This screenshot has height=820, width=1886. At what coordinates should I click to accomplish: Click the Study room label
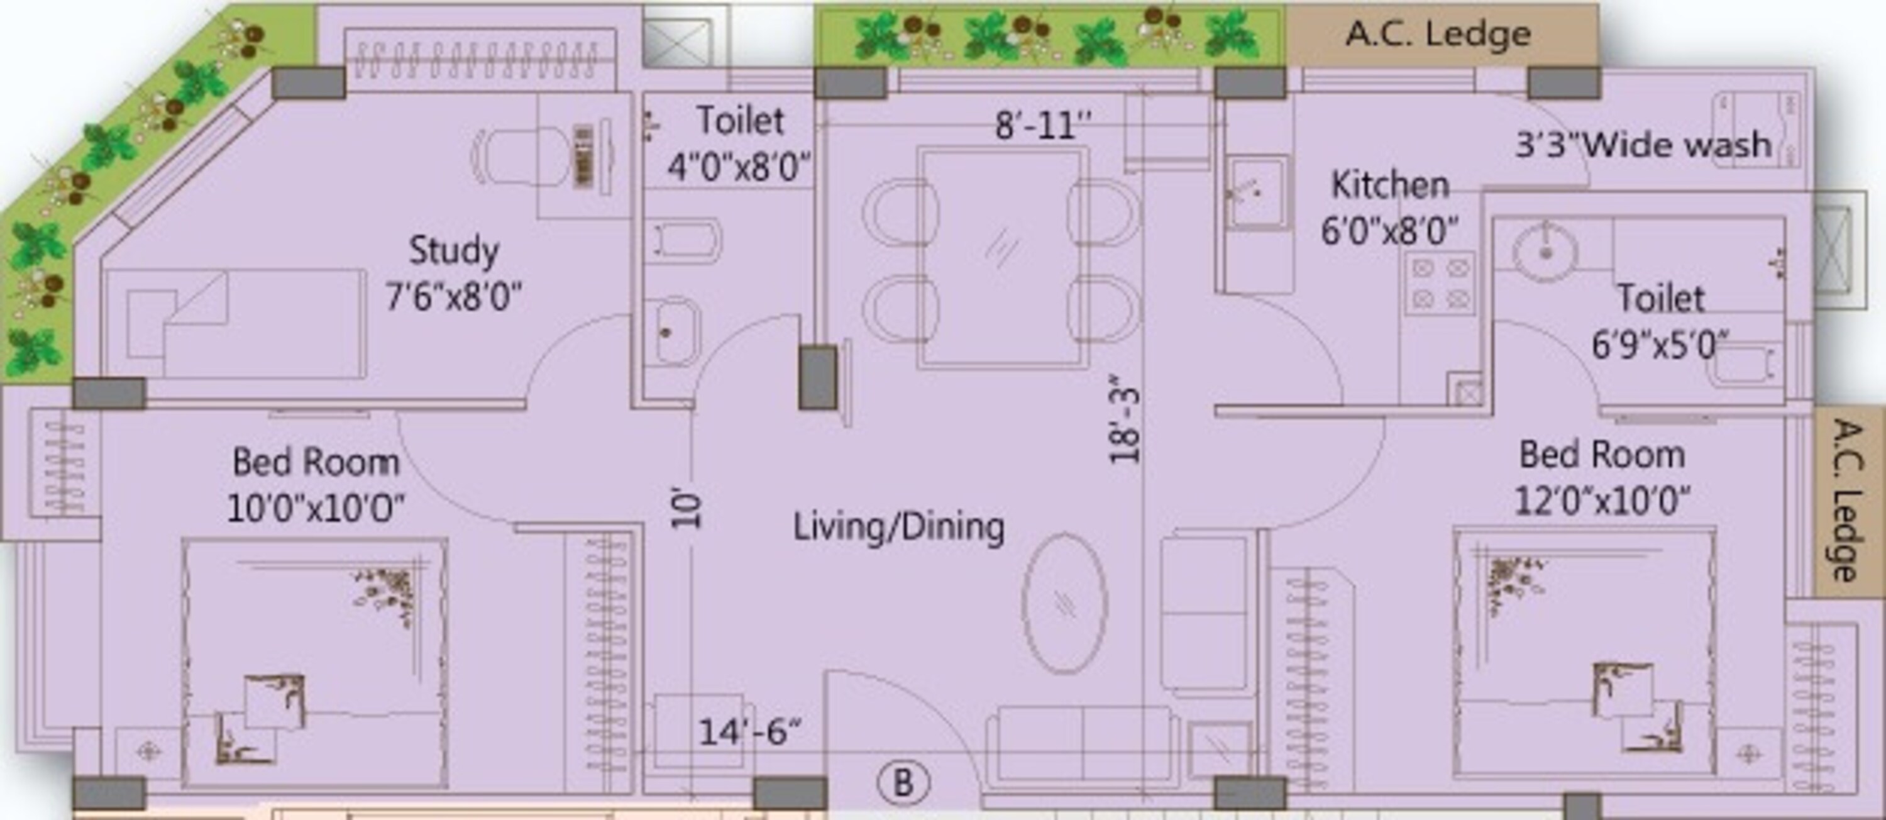click(x=454, y=251)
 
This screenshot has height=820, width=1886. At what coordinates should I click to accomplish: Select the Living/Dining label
click(x=899, y=527)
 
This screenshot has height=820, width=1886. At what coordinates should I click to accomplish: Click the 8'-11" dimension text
click(x=1044, y=126)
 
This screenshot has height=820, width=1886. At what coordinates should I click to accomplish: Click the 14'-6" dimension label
click(x=750, y=731)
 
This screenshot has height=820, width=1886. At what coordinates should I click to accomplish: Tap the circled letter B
click(x=903, y=783)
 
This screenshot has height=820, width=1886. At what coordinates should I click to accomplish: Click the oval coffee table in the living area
click(x=1064, y=603)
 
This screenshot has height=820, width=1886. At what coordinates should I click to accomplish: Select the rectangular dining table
click(x=1001, y=258)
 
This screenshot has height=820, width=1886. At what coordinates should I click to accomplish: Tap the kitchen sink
click(x=1258, y=192)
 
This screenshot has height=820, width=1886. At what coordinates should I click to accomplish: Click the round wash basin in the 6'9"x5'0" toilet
click(x=1545, y=250)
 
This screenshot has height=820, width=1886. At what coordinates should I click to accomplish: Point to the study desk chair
click(x=520, y=157)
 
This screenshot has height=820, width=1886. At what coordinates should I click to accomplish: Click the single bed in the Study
click(x=234, y=324)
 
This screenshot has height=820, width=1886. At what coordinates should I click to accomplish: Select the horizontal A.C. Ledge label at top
click(x=1438, y=35)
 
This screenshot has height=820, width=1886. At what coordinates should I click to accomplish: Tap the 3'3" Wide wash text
click(x=1643, y=144)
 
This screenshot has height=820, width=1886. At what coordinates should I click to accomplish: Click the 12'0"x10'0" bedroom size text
click(x=1602, y=502)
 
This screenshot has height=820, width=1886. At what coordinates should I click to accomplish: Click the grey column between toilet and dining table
click(x=818, y=378)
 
